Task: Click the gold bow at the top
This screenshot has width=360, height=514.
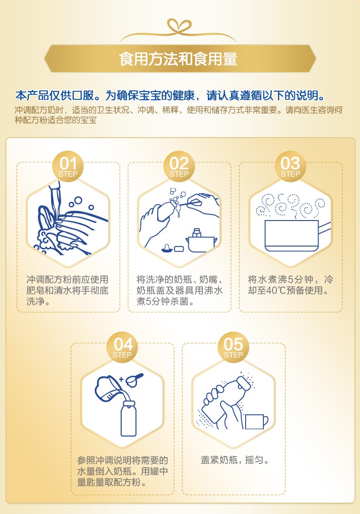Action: pos(179,26)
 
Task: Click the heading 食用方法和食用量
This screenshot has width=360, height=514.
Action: pos(178,59)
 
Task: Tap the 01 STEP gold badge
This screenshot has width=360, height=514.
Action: pos(68,166)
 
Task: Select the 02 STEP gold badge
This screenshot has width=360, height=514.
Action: pos(179,166)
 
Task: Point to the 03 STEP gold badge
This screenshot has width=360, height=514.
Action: pos(290,166)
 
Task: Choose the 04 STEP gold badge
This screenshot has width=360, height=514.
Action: pos(122,347)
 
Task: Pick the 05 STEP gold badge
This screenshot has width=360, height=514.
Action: pos(233,347)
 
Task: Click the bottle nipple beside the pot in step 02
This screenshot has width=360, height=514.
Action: pos(167,248)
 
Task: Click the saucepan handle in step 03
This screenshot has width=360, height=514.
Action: pos(324,228)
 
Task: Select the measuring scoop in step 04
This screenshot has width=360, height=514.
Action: pos(134,380)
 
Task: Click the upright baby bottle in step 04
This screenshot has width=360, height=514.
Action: pos(128,418)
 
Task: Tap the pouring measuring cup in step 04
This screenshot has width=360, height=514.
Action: pos(107,388)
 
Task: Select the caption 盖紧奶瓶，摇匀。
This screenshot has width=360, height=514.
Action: pos(235,460)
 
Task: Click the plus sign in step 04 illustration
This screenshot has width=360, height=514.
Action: pos(121,379)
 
